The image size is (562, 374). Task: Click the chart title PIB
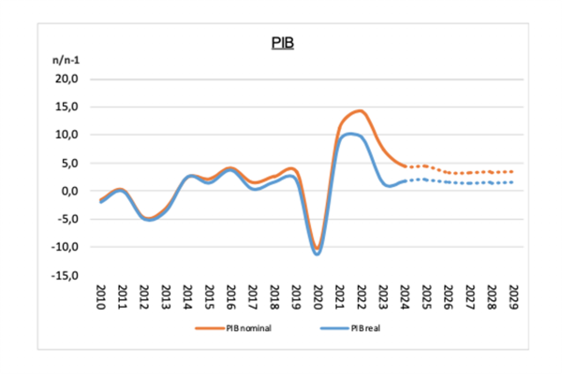pos(282,43)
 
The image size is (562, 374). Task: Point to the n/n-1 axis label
pos(67,60)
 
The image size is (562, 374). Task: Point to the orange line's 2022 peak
pos(360,110)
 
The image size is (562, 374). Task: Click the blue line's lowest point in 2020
pos(318,253)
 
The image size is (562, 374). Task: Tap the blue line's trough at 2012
pos(147,220)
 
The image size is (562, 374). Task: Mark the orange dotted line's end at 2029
pos(513,171)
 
